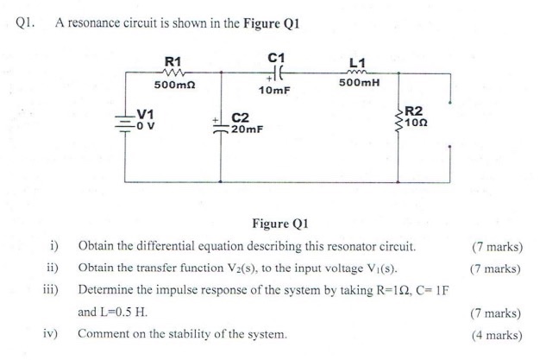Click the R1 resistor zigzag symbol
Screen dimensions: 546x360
click(173, 73)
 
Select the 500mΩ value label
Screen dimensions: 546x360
click(174, 85)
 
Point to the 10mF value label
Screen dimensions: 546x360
click(274, 91)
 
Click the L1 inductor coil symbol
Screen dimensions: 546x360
click(356, 73)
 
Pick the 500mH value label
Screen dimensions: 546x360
click(360, 83)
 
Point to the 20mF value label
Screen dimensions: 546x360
click(248, 129)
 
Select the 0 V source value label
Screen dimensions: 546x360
click(146, 125)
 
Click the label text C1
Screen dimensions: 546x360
click(276, 58)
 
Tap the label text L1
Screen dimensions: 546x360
click(357, 63)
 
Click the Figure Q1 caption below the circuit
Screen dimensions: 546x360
click(280, 224)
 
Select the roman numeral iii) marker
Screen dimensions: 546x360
click(51, 290)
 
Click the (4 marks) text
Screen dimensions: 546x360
click(497, 335)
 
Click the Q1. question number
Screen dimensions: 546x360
click(25, 23)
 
